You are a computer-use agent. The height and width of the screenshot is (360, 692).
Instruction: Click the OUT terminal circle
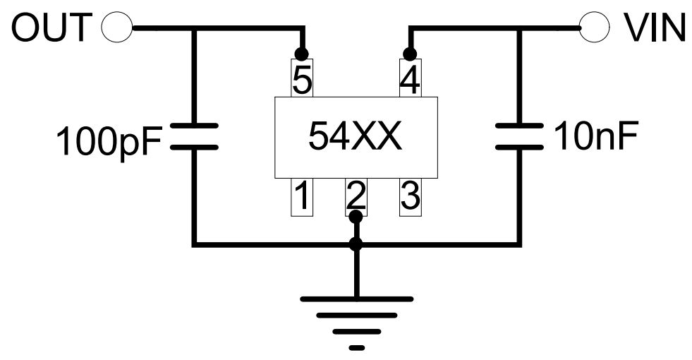(117, 28)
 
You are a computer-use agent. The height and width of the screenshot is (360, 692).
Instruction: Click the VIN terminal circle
(594, 28)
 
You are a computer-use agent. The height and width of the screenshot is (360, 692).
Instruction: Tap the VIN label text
(655, 28)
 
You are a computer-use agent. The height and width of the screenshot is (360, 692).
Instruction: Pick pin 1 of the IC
(302, 197)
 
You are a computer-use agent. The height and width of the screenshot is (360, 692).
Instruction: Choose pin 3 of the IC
(409, 197)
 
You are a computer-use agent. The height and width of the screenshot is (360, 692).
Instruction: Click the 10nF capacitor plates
(519, 137)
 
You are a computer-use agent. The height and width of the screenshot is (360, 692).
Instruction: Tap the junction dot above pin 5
(302, 53)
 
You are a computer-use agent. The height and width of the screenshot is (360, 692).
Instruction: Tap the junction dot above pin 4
(408, 53)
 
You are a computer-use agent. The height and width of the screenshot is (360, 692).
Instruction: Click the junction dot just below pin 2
(356, 216)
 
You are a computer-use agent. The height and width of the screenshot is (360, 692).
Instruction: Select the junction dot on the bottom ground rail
(356, 245)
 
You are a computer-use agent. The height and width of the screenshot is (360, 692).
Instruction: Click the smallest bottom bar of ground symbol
(357, 347)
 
